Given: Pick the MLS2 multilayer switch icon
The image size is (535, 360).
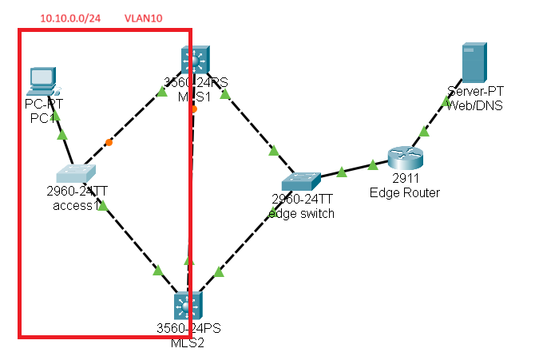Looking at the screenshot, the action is [x=188, y=307].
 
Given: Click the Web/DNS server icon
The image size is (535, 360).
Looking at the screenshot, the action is [x=474, y=63].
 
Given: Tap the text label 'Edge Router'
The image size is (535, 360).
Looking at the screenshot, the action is [x=404, y=192].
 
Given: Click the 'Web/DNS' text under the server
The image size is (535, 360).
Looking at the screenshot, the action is [x=475, y=105].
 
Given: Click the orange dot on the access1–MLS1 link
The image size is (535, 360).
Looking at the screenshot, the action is [x=109, y=143].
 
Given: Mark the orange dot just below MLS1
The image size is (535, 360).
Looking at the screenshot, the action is [x=194, y=109].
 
